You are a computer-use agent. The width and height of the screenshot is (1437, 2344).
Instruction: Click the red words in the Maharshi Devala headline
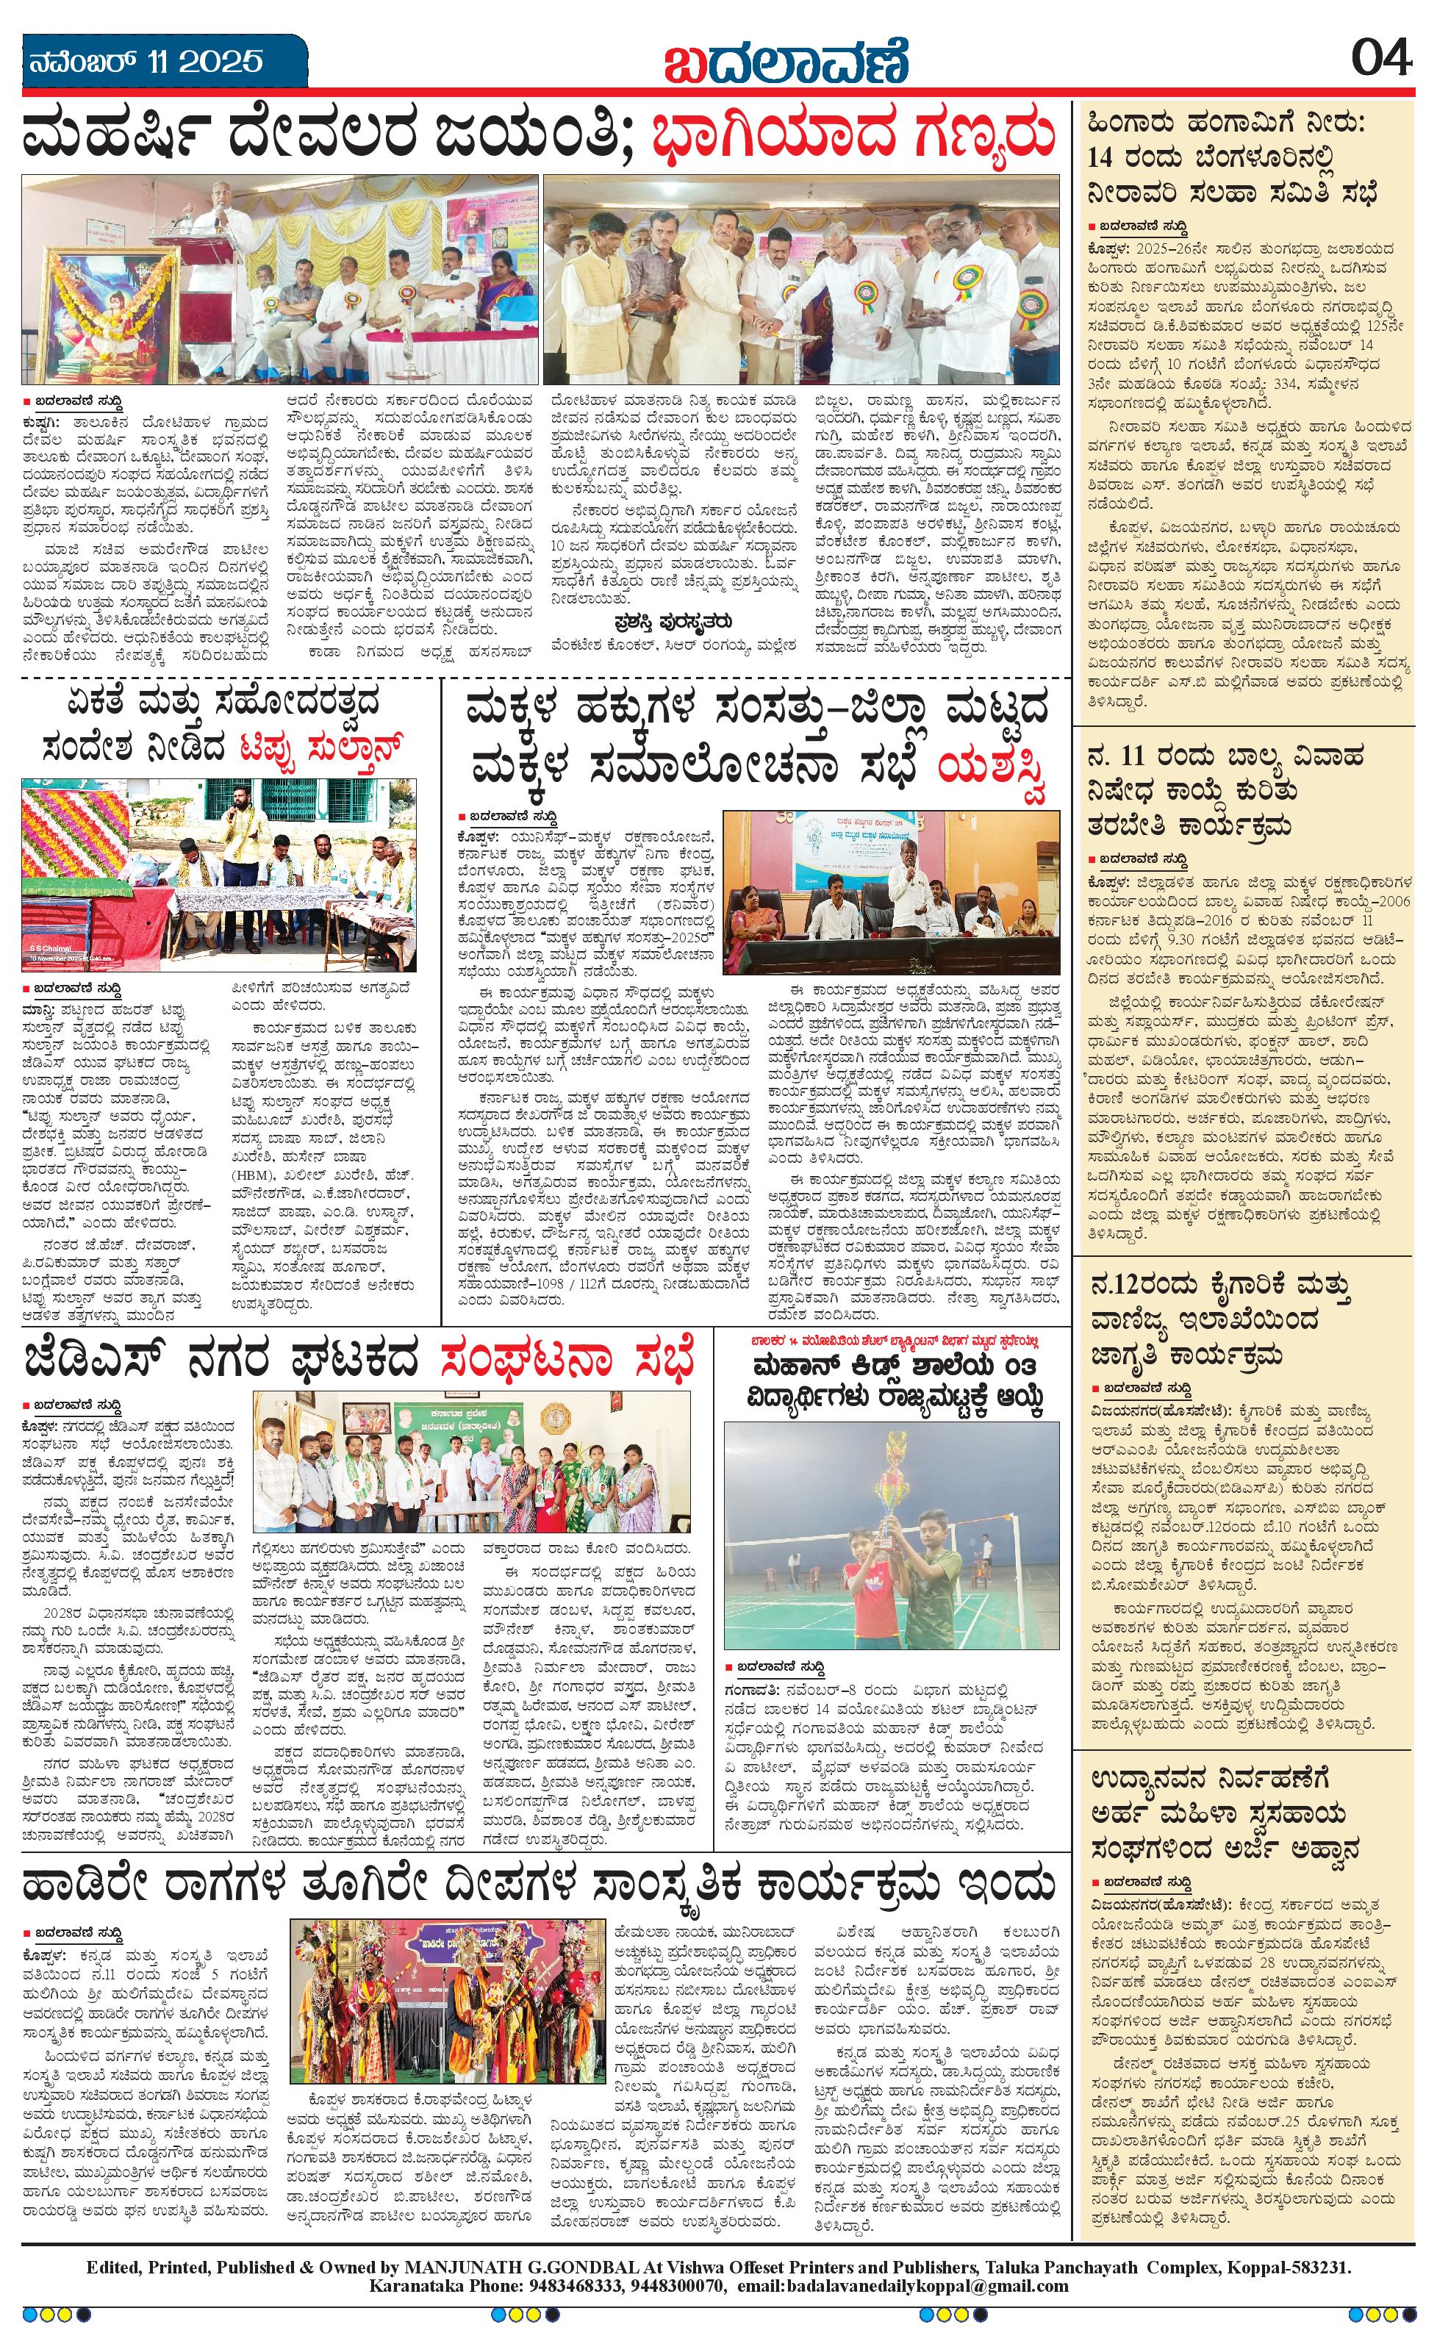855,135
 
